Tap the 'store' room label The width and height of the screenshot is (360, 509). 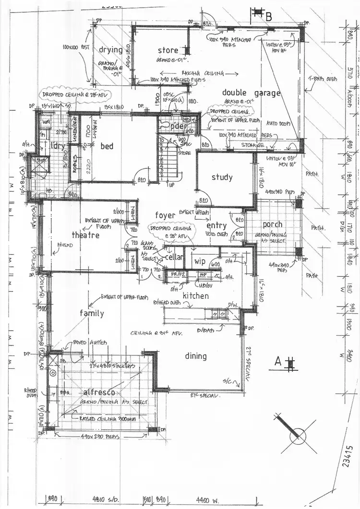(x=168, y=50)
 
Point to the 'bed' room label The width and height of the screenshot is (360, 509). (x=107, y=146)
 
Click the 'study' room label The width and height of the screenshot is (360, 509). (x=222, y=177)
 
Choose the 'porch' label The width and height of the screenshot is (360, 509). (x=272, y=225)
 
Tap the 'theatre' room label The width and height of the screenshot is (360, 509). (x=85, y=235)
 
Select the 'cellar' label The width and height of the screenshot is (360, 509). (x=174, y=257)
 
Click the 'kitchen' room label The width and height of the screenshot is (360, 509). (x=195, y=296)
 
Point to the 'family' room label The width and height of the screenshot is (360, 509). (x=92, y=313)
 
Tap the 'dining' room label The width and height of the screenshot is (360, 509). (x=196, y=356)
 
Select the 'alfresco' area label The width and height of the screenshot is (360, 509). (x=98, y=391)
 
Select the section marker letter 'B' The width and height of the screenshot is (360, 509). (x=269, y=17)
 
